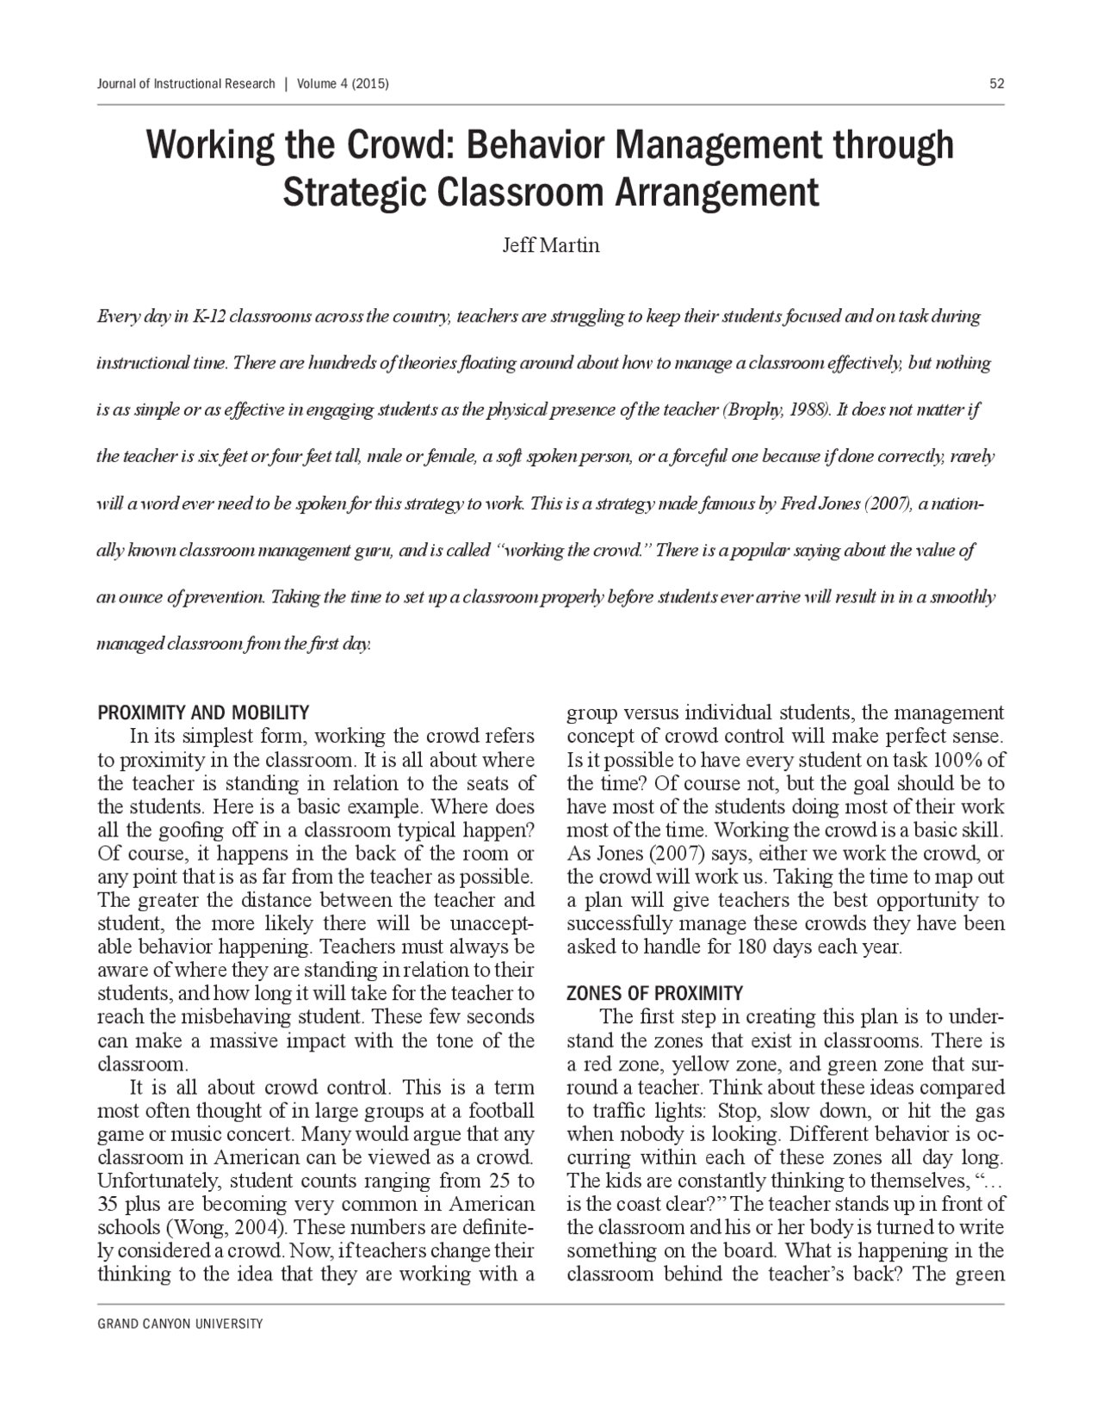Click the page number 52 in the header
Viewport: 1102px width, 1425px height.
point(997,83)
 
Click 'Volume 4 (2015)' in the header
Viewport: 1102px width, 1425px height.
point(343,83)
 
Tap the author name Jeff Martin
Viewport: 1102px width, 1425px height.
point(550,245)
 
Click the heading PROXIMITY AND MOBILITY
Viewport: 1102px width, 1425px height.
point(203,712)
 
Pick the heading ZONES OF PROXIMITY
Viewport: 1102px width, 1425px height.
point(654,993)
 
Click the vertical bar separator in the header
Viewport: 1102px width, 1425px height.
point(285,83)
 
